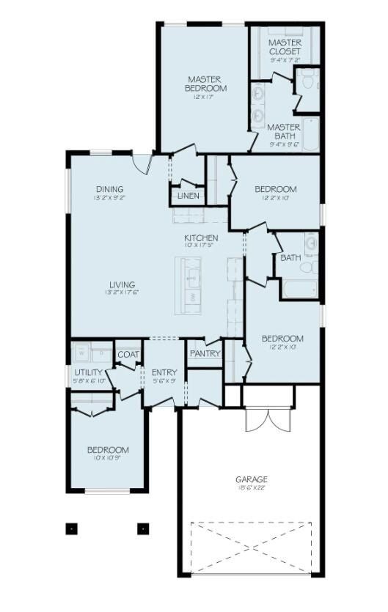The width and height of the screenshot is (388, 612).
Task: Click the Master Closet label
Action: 285,47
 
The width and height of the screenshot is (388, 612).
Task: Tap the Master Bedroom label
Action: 206,84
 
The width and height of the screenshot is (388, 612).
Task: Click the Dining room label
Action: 109,189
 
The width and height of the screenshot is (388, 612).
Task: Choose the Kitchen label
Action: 200,238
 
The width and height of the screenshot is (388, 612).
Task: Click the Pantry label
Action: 205,354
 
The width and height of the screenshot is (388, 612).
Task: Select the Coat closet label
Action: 128,355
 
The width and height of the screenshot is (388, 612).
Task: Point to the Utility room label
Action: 88,372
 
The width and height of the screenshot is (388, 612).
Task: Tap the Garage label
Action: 252,479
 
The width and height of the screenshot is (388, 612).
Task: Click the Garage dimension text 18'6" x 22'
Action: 252,488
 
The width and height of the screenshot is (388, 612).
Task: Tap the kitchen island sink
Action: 193,276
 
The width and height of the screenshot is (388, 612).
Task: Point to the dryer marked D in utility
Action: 100,353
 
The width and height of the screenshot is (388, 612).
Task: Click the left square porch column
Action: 72,527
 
